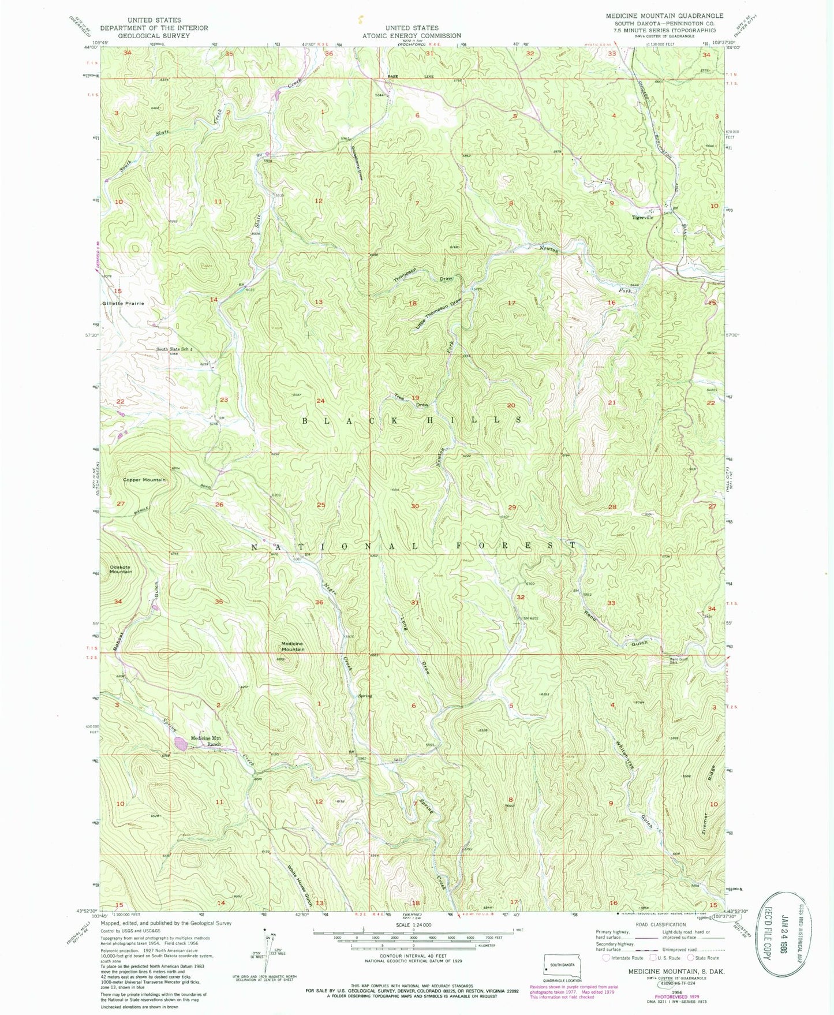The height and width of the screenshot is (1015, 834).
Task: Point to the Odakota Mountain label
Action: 118,569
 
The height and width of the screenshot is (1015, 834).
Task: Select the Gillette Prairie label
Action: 123,303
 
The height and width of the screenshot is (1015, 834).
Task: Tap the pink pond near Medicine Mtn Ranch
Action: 180,743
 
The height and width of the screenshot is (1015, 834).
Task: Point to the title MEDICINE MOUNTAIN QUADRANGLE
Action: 664,16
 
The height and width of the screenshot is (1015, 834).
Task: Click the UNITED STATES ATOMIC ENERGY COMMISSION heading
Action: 412,31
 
